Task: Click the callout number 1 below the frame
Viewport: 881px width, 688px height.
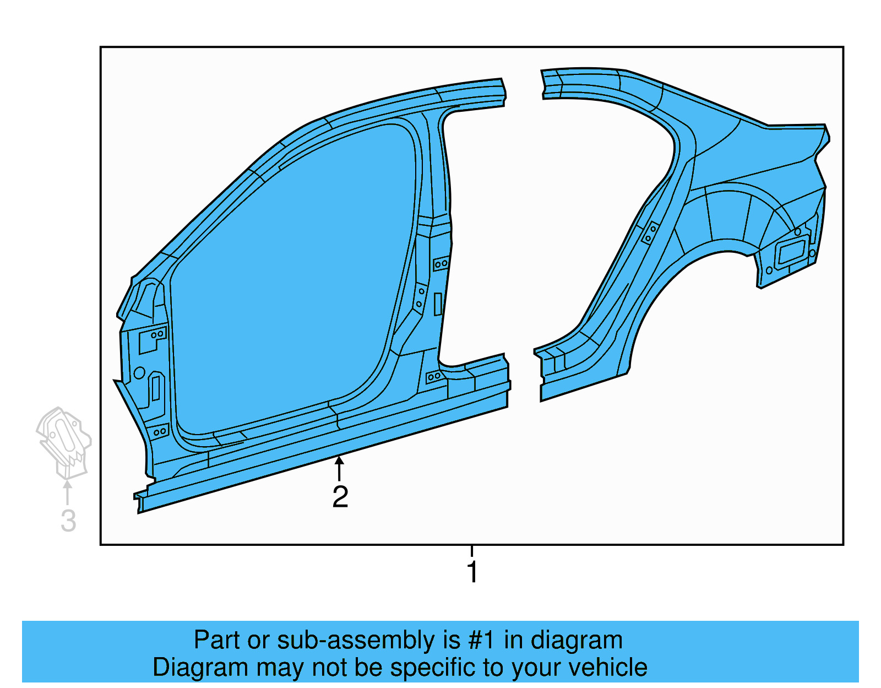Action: tap(472, 572)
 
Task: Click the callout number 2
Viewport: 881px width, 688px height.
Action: tap(340, 497)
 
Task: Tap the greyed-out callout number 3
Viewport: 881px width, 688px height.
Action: tap(68, 521)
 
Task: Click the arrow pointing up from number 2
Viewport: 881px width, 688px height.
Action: tap(340, 468)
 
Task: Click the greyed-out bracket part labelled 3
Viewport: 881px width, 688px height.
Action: tap(64, 441)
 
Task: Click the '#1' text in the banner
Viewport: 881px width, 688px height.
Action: tap(482, 640)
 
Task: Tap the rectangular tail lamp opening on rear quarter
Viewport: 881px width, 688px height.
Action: tap(791, 253)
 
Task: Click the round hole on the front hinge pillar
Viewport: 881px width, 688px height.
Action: tap(139, 373)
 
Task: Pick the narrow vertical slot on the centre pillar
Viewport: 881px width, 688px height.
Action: tap(438, 304)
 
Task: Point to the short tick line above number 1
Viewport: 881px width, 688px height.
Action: tap(472, 551)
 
